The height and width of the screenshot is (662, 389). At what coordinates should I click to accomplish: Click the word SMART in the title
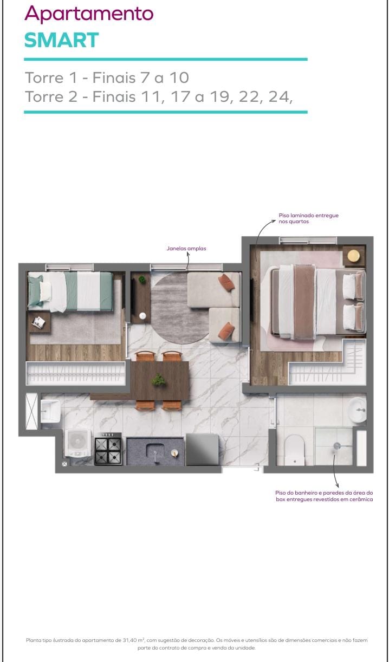click(x=61, y=40)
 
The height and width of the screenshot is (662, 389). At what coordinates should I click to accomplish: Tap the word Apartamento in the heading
click(x=89, y=14)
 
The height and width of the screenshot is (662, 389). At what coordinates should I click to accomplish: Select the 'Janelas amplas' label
click(x=186, y=249)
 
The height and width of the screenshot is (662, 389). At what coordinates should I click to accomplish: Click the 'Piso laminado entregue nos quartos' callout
click(x=308, y=218)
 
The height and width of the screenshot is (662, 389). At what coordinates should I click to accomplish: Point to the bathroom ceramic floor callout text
click(x=324, y=496)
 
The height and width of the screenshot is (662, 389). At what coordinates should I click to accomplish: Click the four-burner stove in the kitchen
click(x=108, y=449)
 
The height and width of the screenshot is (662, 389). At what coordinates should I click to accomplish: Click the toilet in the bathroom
click(x=294, y=450)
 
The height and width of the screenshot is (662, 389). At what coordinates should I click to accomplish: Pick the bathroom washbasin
click(x=357, y=410)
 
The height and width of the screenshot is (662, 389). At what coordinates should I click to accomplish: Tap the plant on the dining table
click(x=158, y=380)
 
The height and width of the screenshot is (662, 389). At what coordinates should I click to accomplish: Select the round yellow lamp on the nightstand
click(x=354, y=256)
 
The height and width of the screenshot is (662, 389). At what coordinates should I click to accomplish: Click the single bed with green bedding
click(x=70, y=291)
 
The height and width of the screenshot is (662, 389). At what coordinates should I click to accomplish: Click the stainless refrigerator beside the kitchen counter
click(x=202, y=449)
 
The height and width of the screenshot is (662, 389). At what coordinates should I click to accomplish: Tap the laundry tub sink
click(x=50, y=411)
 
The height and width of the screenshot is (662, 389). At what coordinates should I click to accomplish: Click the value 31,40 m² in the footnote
click(x=133, y=640)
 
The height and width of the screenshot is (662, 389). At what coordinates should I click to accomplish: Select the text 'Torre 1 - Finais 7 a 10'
click(x=107, y=77)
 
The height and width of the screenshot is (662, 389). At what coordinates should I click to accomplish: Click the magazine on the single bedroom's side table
click(x=38, y=322)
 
